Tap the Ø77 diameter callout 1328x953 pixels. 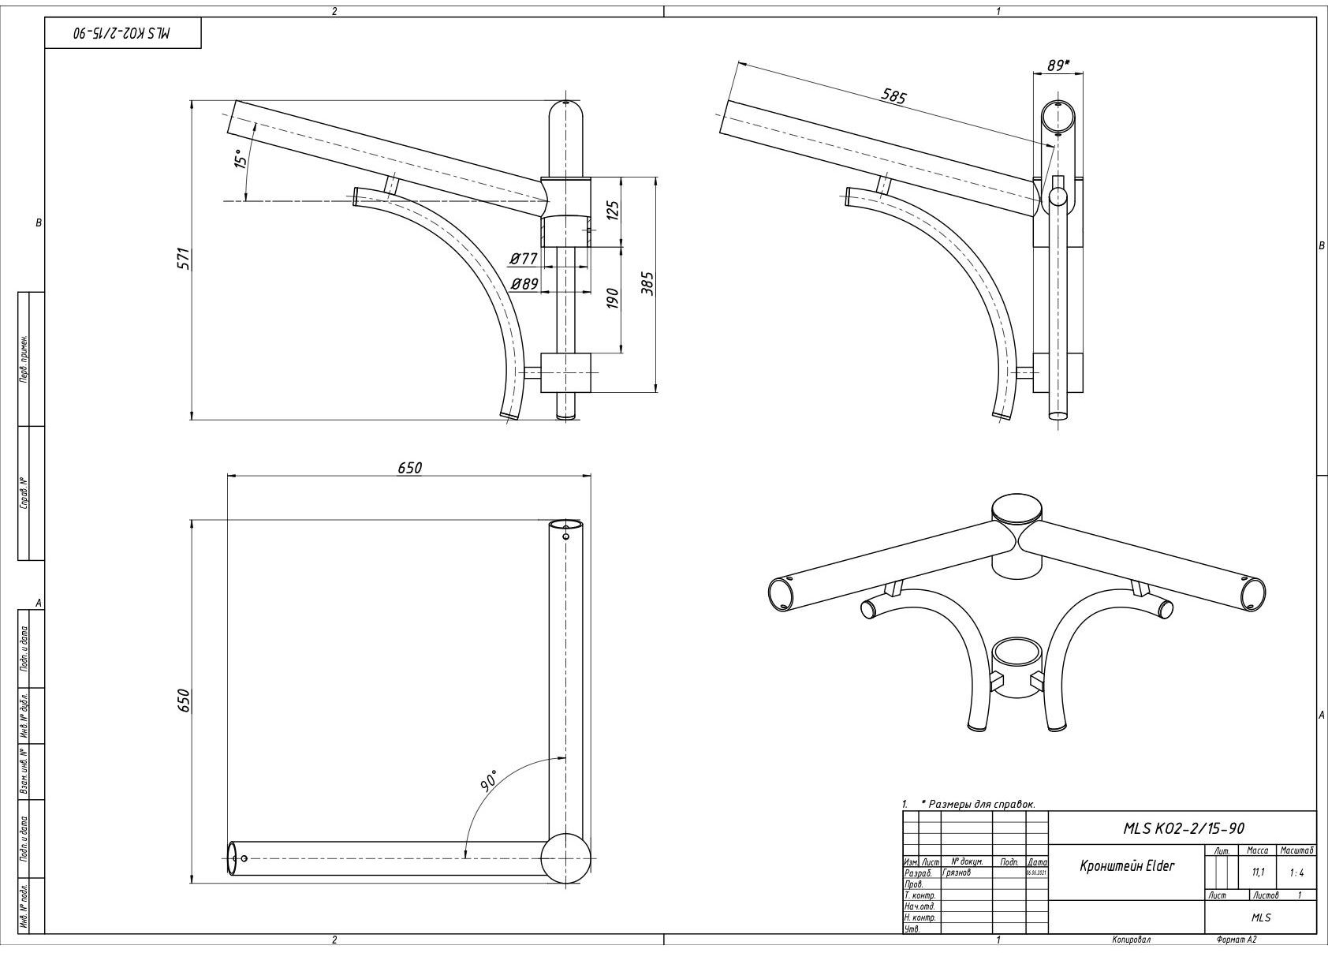[x=524, y=258]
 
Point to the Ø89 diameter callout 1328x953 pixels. [x=524, y=283]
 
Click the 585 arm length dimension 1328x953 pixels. [x=893, y=96]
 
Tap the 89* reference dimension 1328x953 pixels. [x=1058, y=65]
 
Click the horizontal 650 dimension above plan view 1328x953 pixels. [x=409, y=467]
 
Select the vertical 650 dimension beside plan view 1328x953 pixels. [x=183, y=701]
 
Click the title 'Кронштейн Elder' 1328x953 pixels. [x=1126, y=866]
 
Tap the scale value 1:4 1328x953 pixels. [x=1296, y=873]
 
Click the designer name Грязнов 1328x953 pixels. [x=956, y=873]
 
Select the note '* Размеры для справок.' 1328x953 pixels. [x=977, y=804]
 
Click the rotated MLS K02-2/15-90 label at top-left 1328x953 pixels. [x=122, y=34]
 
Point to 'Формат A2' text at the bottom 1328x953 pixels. [x=1236, y=940]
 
